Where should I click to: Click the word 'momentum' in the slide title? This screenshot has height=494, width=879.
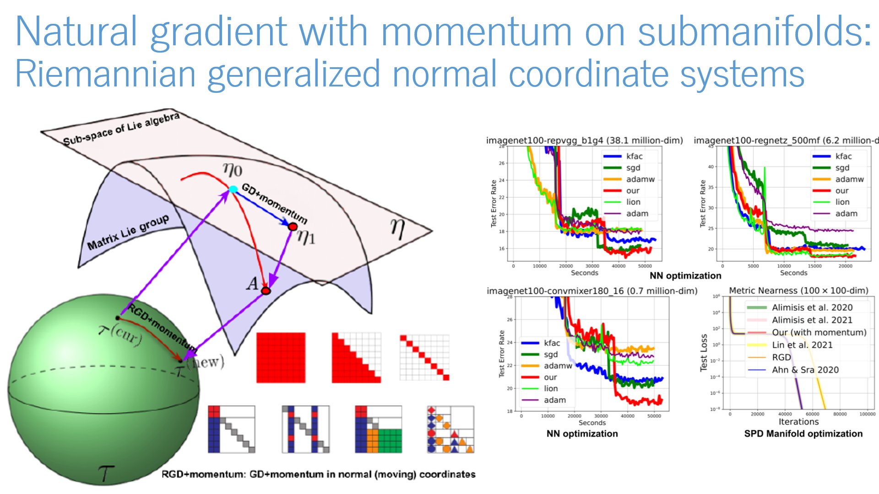(x=476, y=32)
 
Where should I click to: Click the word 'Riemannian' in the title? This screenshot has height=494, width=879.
(x=105, y=74)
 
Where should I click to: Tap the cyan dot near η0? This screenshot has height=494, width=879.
(x=233, y=189)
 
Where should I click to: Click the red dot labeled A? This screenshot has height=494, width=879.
(x=266, y=290)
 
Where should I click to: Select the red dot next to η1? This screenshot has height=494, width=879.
(x=293, y=226)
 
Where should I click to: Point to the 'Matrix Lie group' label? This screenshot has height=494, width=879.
(x=128, y=232)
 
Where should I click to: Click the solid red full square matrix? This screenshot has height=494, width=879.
(x=281, y=357)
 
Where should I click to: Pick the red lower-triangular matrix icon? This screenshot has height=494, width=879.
(x=356, y=357)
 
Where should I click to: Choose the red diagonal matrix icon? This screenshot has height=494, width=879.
(x=424, y=357)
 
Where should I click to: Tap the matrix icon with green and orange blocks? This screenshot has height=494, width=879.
(x=379, y=429)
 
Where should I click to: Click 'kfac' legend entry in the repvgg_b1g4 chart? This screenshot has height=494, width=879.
(x=634, y=156)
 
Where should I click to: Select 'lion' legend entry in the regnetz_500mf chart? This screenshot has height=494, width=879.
(x=842, y=202)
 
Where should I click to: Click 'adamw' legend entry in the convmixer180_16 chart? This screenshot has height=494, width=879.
(x=558, y=366)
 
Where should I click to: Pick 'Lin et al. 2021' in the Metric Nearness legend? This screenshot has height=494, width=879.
(x=802, y=345)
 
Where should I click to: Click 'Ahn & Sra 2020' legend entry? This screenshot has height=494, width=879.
(x=805, y=370)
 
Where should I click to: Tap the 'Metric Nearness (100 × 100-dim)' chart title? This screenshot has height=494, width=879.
(x=798, y=290)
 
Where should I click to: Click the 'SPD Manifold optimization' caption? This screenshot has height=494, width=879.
(x=803, y=434)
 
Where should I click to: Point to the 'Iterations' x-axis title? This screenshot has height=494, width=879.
(x=798, y=422)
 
